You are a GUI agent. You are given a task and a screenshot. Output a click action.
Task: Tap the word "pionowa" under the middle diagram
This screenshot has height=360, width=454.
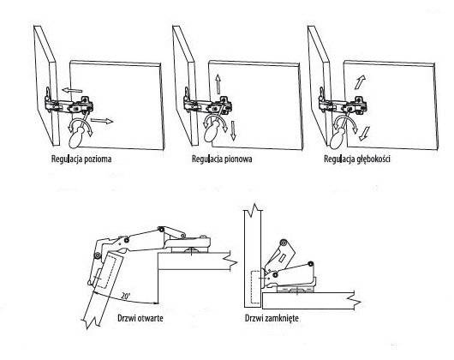click(x=238, y=159)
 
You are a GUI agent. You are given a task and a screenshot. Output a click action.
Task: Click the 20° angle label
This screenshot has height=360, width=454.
click(x=126, y=296)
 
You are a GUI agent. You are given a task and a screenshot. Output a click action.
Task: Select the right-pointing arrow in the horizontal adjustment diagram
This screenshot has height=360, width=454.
click(x=102, y=121)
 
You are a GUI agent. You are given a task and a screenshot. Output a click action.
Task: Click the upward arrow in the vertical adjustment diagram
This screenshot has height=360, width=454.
click(x=218, y=84)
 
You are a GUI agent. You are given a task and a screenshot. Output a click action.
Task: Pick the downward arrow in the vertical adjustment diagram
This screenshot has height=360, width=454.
click(x=234, y=130)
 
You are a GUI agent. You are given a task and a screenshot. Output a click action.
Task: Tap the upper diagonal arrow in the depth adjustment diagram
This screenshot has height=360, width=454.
click(x=360, y=82)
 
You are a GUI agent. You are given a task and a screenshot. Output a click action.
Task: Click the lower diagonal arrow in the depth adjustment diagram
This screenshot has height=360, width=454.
click(x=363, y=134)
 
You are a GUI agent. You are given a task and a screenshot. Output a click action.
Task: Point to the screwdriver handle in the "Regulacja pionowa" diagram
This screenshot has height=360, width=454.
click(x=211, y=132)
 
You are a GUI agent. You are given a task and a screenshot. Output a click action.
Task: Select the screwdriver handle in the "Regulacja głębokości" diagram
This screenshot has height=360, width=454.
click(x=337, y=139)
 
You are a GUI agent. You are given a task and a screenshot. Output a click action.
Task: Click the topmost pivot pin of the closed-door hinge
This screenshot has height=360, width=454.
click(x=284, y=242)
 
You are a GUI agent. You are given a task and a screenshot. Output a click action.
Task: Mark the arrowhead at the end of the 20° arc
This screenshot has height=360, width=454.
click(x=156, y=303)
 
